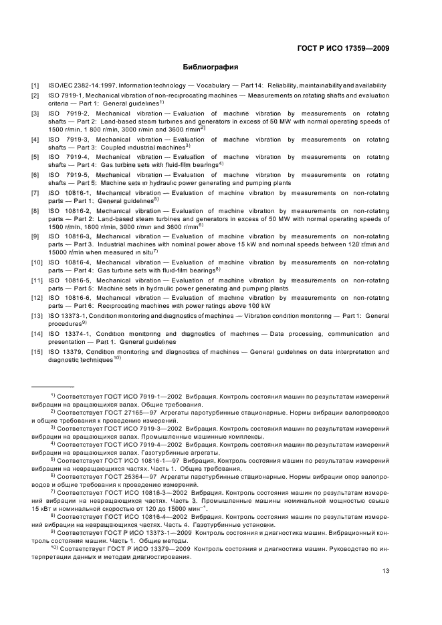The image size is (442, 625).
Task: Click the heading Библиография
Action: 211,67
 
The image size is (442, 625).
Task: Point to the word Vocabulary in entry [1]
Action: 201,85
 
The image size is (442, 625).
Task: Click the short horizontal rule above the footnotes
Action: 53,387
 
